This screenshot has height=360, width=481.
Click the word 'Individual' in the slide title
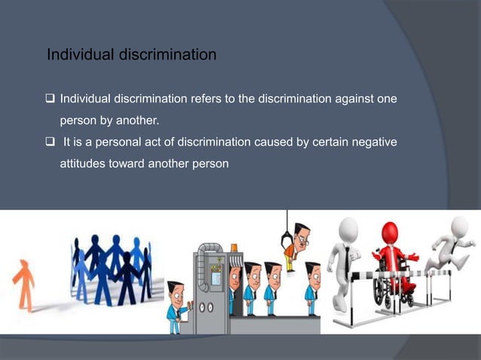click(x=78, y=55)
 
